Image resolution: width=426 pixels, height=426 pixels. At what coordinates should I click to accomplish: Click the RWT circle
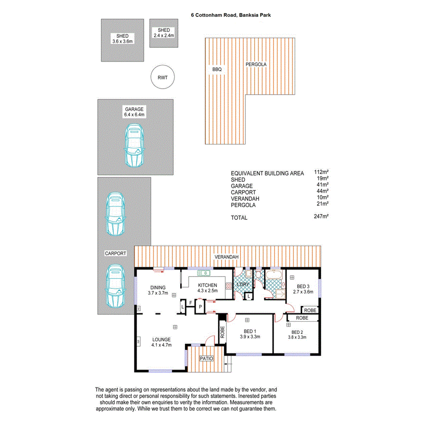[x=162, y=77]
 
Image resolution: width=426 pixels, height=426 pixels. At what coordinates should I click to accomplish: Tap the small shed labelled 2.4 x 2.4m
[x=164, y=32]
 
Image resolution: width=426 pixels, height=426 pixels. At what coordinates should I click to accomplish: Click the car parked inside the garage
[x=134, y=145]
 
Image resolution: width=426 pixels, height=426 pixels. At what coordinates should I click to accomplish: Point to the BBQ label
[x=216, y=69]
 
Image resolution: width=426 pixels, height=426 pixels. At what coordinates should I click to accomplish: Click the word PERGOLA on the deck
[x=256, y=64]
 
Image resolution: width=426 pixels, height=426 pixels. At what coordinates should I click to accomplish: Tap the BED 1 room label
[x=250, y=332]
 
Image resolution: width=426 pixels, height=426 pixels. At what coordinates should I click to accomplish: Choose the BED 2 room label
[x=297, y=332]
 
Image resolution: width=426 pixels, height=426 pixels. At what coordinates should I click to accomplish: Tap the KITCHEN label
[x=207, y=285]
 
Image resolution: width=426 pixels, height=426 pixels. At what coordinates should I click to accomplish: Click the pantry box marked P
[x=200, y=306]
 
